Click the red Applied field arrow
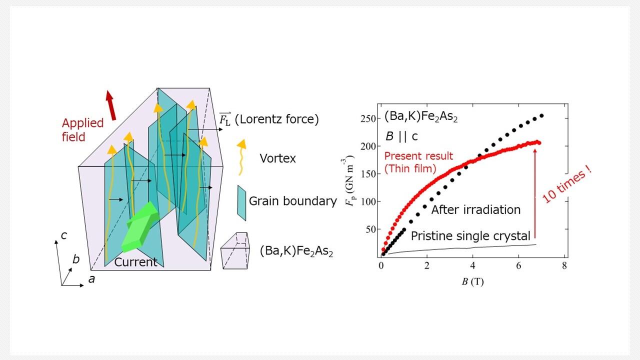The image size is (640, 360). pyautogui.click(x=111, y=105)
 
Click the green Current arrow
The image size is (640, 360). pyautogui.click(x=140, y=227)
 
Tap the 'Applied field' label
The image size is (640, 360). pyautogui.click(x=82, y=129)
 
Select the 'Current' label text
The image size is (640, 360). pyautogui.click(x=135, y=261)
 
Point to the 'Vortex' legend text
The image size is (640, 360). pyautogui.click(x=277, y=158)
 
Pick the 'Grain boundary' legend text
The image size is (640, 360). pyautogui.click(x=292, y=201)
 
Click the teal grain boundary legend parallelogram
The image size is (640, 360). pyautogui.click(x=241, y=202)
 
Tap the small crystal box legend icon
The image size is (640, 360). pyautogui.click(x=235, y=251)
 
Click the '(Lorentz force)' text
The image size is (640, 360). pyautogui.click(x=276, y=119)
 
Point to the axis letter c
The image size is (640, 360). pyautogui.click(x=64, y=235)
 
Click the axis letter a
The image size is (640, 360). pyautogui.click(x=91, y=279)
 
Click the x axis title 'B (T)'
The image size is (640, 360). pyautogui.click(x=472, y=281)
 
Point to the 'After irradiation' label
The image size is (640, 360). pyautogui.click(x=475, y=209)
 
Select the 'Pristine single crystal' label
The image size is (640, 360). pyautogui.click(x=470, y=236)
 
